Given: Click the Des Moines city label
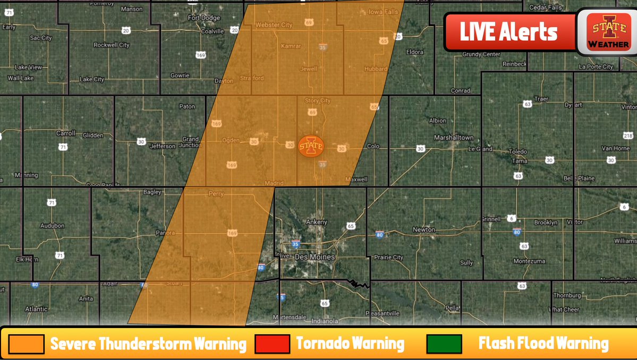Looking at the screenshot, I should (x=315, y=257).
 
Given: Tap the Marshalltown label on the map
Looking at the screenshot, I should (x=453, y=138).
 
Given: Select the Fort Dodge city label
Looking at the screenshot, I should (x=204, y=18).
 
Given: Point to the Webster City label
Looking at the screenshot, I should (x=274, y=25).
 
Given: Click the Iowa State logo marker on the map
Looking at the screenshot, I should (x=311, y=146).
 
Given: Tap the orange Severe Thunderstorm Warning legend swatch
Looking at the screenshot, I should (x=26, y=344).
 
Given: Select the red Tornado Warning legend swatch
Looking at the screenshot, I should (x=273, y=344).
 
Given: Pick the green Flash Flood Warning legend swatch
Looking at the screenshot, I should (x=444, y=344).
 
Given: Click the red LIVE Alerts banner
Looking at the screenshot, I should (x=509, y=32).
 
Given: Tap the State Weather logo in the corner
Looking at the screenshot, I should (x=609, y=32).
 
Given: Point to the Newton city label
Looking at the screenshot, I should (x=424, y=230).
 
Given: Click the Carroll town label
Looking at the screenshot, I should (x=66, y=133).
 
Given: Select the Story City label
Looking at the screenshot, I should (x=317, y=101).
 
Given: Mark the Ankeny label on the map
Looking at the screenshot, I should (x=317, y=222).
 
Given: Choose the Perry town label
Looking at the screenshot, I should (x=216, y=194).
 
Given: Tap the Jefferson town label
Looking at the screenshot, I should (x=163, y=146).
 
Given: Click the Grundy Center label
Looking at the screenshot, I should (x=481, y=54).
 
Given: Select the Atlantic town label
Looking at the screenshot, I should (x=36, y=309).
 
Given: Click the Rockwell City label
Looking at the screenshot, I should (x=112, y=45).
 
